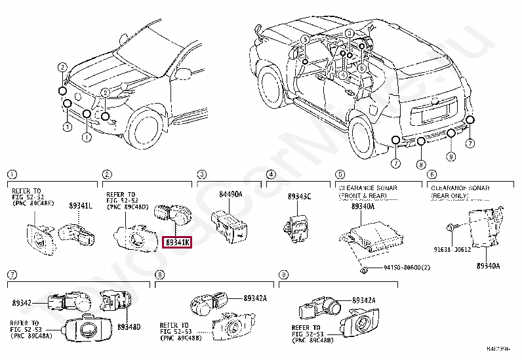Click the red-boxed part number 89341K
coord(177,243)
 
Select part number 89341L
coord(81,205)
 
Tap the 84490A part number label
coord(230,194)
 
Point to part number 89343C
coord(300,197)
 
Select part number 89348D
coord(129,326)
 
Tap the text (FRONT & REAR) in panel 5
coord(367,195)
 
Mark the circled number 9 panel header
coord(283,274)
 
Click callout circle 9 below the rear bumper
coord(451,156)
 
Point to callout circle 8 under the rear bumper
coord(421,164)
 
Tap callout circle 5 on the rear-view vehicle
coord(305,40)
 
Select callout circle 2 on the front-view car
coord(62,67)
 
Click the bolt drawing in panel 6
coord(451,228)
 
